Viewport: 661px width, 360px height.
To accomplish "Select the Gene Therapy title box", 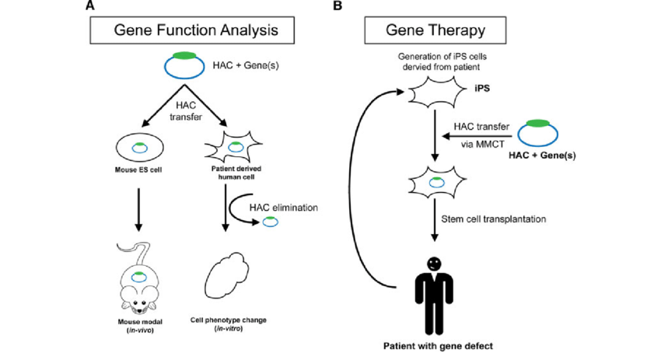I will [x=435, y=30].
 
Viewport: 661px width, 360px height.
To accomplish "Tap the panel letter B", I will [x=337, y=6].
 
